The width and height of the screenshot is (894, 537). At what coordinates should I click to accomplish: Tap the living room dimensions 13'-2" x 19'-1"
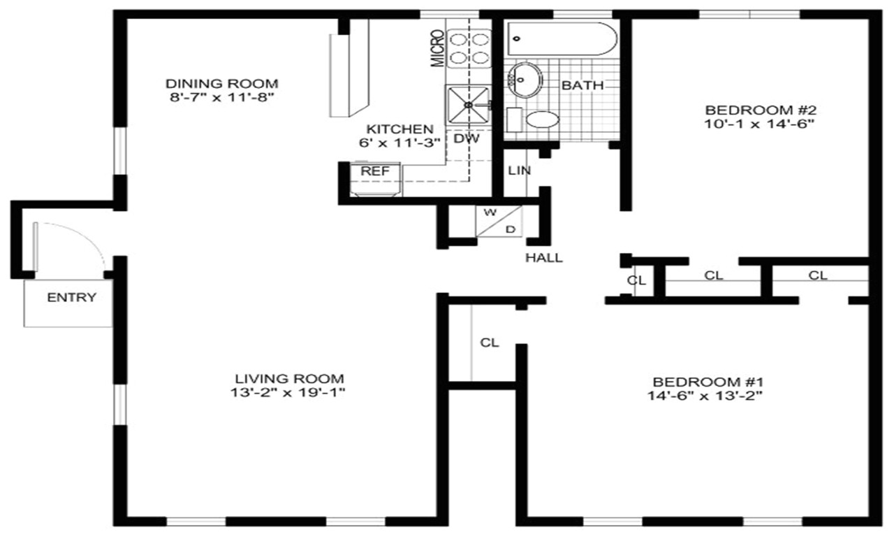(290, 393)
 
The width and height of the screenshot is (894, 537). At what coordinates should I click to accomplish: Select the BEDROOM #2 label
(761, 110)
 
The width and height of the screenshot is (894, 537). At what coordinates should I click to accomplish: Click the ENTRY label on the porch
(71, 298)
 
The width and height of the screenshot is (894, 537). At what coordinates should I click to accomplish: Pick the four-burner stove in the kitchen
(461, 48)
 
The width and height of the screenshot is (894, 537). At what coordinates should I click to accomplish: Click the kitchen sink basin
(466, 105)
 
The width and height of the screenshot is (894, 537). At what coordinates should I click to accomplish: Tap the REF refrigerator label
(370, 171)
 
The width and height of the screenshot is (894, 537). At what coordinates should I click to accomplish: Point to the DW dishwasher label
(467, 138)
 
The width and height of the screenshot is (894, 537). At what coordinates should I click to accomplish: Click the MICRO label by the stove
(437, 49)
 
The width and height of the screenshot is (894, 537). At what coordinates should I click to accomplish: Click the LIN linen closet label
(519, 171)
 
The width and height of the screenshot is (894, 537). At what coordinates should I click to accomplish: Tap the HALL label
(544, 258)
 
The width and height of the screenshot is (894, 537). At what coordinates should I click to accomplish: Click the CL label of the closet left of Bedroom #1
(490, 343)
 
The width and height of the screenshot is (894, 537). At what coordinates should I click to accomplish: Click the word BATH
(582, 85)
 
